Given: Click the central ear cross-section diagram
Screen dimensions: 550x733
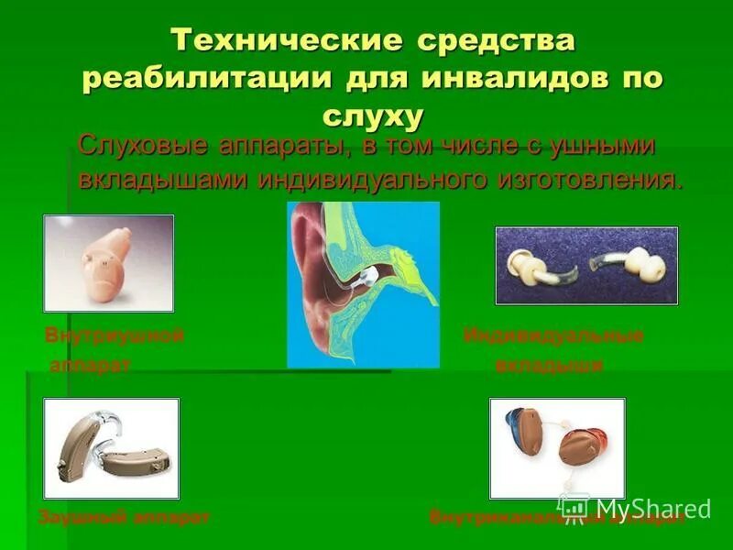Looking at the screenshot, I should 363,285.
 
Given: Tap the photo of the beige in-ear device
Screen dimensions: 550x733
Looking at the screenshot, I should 108,263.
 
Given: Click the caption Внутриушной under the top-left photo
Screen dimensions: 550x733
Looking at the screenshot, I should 115,335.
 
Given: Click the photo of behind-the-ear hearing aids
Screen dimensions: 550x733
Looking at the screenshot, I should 111,448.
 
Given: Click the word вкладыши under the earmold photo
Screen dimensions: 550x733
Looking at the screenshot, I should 548,367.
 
